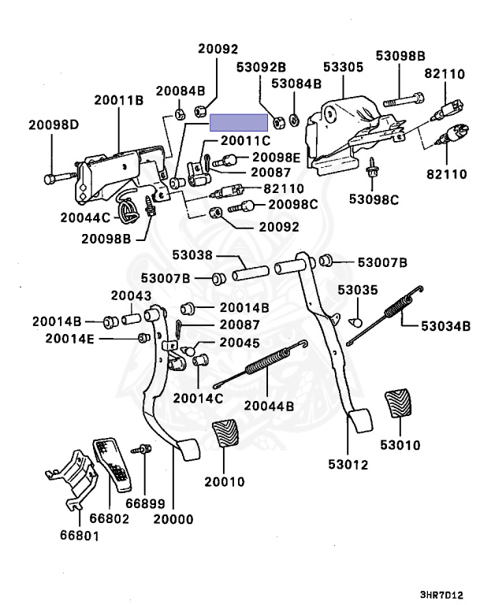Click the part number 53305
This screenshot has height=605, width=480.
coord(341,67)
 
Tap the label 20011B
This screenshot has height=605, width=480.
coord(118,100)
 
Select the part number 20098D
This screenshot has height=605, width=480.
coord(54,124)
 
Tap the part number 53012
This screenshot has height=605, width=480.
coord(348,465)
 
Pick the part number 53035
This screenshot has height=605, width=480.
coord(358,290)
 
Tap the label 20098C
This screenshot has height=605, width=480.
coord(292,205)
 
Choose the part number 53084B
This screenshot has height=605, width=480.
coord(296,83)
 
